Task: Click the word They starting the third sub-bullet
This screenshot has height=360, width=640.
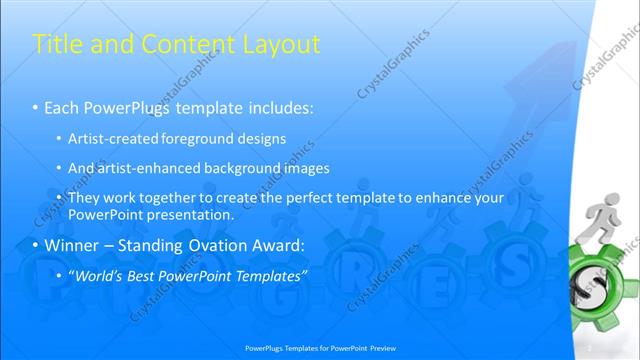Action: click(x=85, y=198)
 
